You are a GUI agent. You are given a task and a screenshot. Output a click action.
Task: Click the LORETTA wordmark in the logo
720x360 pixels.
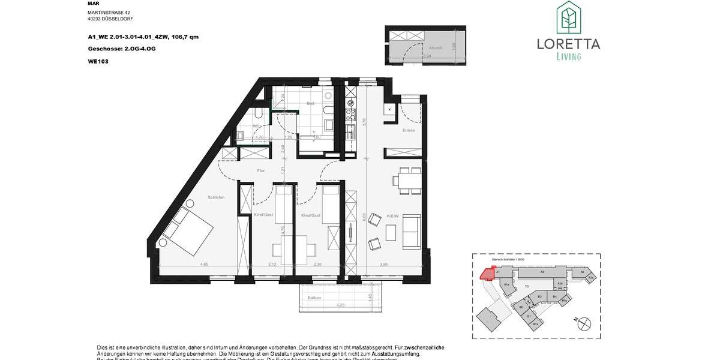(x=568, y=43)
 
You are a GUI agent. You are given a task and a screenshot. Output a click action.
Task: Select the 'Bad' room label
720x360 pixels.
(x=310, y=103)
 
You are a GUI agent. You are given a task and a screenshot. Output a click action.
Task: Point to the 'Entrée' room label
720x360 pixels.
(x=409, y=130)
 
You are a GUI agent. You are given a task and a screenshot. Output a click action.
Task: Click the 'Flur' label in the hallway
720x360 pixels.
(x=261, y=171)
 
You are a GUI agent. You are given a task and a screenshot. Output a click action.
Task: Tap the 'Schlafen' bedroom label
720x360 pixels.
(x=216, y=197)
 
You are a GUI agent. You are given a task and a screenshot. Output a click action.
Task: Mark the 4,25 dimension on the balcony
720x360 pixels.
(x=341, y=305)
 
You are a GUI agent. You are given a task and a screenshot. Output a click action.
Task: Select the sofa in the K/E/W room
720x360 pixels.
(x=412, y=232)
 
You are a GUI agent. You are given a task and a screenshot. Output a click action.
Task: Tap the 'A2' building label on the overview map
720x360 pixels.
(x=541, y=272)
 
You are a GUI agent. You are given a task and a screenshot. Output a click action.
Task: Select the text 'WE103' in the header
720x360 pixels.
(x=97, y=61)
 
